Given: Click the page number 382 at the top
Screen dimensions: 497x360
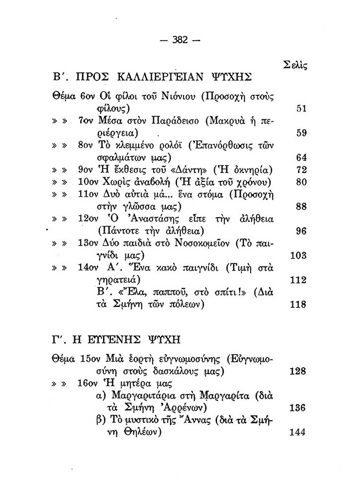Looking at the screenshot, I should click(180, 40).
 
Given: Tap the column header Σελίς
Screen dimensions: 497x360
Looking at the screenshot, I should click(295, 64).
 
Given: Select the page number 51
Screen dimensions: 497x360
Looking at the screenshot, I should click(301, 109).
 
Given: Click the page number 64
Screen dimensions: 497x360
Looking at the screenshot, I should click(301, 158).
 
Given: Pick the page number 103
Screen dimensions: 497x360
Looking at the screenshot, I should click(298, 255).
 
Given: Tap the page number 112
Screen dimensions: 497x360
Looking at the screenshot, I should click(298, 280).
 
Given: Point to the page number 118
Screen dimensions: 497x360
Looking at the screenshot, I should click(298, 305).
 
